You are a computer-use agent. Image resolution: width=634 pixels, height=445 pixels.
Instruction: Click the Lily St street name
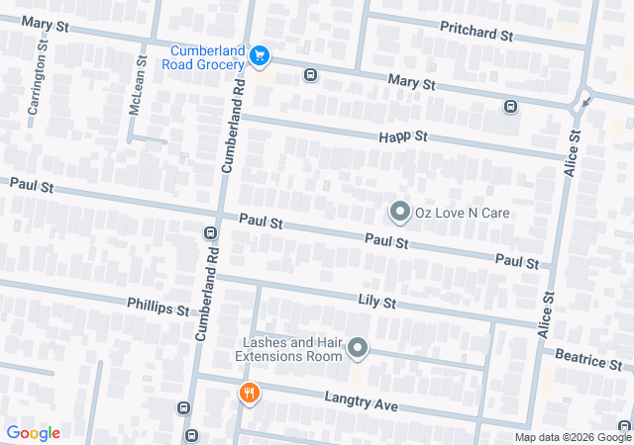(376, 301)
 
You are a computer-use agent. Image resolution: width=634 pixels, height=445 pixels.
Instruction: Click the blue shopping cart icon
(260, 56)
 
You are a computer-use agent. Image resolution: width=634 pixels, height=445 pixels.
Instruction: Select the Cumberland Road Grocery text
(207, 57)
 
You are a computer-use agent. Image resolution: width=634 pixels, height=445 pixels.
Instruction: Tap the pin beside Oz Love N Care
(399, 212)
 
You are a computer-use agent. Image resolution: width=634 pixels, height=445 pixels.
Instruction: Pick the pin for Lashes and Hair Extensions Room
(358, 348)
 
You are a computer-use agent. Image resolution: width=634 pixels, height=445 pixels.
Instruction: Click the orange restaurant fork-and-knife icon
(249, 394)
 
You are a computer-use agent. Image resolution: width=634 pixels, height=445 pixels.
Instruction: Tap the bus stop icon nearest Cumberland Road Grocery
(310, 75)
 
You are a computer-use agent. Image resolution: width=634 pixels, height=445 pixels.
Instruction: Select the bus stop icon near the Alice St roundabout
(510, 107)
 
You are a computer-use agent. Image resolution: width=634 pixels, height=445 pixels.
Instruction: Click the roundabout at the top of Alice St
(582, 99)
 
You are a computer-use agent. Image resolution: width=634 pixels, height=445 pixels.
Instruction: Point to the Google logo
(33, 432)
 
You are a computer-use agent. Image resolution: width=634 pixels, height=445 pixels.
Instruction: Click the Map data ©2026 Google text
(572, 437)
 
